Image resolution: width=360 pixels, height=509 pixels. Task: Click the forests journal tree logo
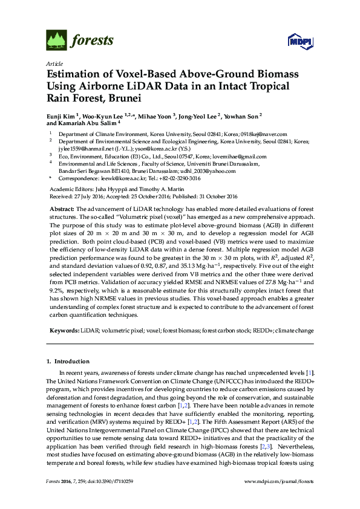(57, 41)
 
